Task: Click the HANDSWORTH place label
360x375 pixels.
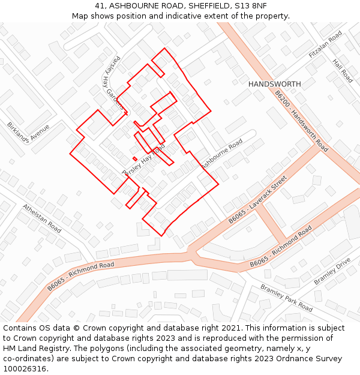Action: pyautogui.click(x=275, y=84)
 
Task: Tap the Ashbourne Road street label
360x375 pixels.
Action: pyautogui.click(x=221, y=154)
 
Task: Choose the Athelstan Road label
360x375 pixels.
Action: pyautogui.click(x=42, y=218)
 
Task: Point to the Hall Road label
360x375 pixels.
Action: pyautogui.click(x=343, y=70)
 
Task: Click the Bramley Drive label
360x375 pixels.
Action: pyautogui.click(x=332, y=272)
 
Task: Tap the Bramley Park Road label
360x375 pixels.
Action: pyautogui.click(x=286, y=298)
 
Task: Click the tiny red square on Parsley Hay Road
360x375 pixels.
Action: pyautogui.click(x=135, y=158)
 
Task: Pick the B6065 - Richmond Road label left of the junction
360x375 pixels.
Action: pyautogui.click(x=81, y=277)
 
